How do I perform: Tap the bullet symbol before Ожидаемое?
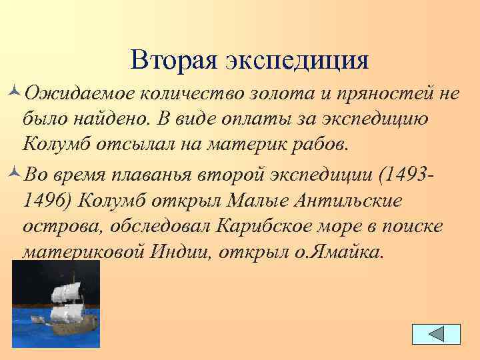(x=15, y=93)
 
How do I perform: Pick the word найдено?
(x=111, y=118)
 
